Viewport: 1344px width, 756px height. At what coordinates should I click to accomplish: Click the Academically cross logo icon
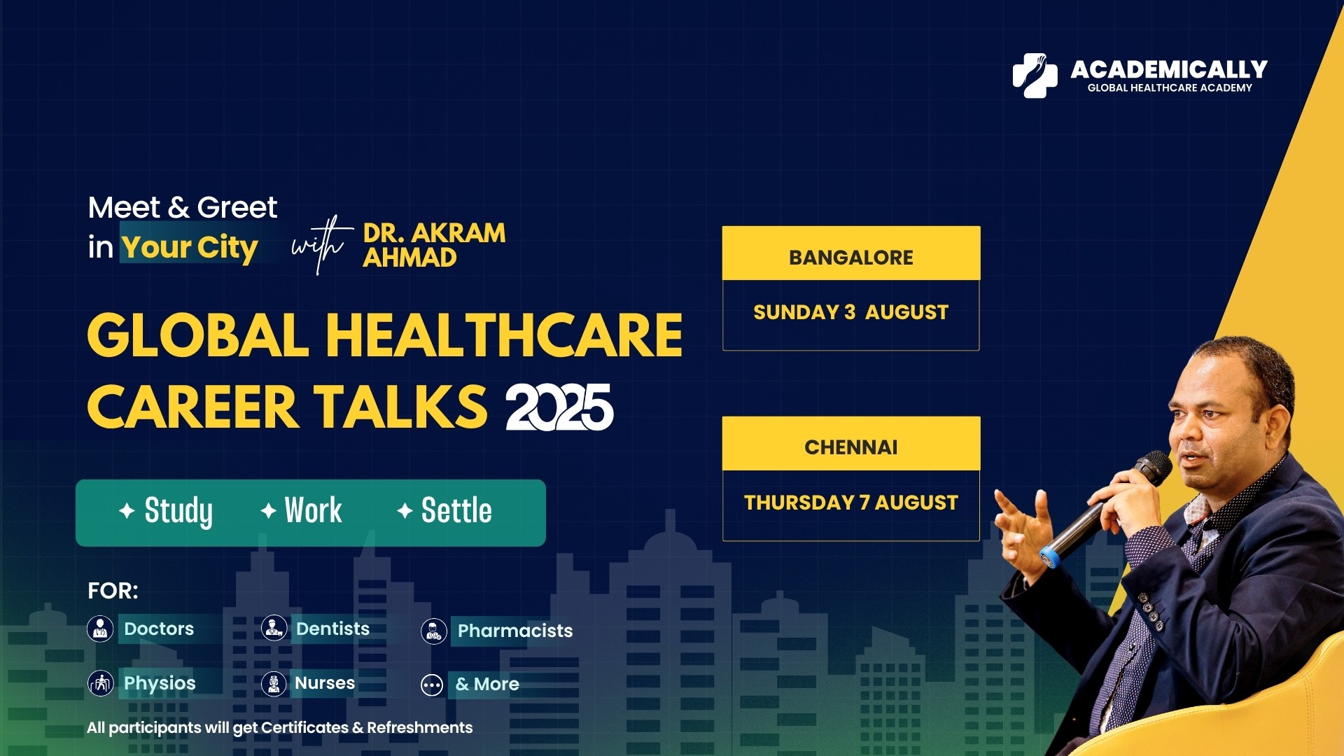pyautogui.click(x=1035, y=76)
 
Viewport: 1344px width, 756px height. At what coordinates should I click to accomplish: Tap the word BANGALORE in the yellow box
pyautogui.click(x=850, y=258)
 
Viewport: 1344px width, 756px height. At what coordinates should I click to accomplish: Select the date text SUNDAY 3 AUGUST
pyautogui.click(x=850, y=312)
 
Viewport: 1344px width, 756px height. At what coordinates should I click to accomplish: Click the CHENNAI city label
pyautogui.click(x=850, y=447)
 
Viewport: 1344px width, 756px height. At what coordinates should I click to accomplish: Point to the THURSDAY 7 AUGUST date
pyautogui.click(x=850, y=503)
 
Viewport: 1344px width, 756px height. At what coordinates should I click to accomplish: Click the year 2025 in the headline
pyautogui.click(x=559, y=407)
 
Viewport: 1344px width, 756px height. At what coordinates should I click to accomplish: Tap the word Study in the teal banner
pyautogui.click(x=178, y=511)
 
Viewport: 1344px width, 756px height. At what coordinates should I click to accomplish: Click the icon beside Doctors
pyautogui.click(x=100, y=629)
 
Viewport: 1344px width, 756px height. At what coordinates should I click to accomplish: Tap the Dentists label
pyautogui.click(x=332, y=629)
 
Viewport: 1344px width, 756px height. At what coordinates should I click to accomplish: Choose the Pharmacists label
pyautogui.click(x=515, y=631)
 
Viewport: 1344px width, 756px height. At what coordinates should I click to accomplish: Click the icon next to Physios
pyautogui.click(x=100, y=683)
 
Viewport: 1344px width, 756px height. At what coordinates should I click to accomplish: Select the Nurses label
pyautogui.click(x=325, y=682)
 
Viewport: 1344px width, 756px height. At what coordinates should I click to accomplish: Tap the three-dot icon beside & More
pyautogui.click(x=432, y=685)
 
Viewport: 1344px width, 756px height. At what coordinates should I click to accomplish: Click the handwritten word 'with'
pyautogui.click(x=321, y=244)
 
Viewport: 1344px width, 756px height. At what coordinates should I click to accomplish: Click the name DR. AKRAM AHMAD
pyautogui.click(x=434, y=245)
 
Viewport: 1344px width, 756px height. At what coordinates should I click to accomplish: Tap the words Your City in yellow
pyautogui.click(x=190, y=247)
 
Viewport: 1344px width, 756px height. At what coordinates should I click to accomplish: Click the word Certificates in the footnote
pyautogui.click(x=304, y=728)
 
